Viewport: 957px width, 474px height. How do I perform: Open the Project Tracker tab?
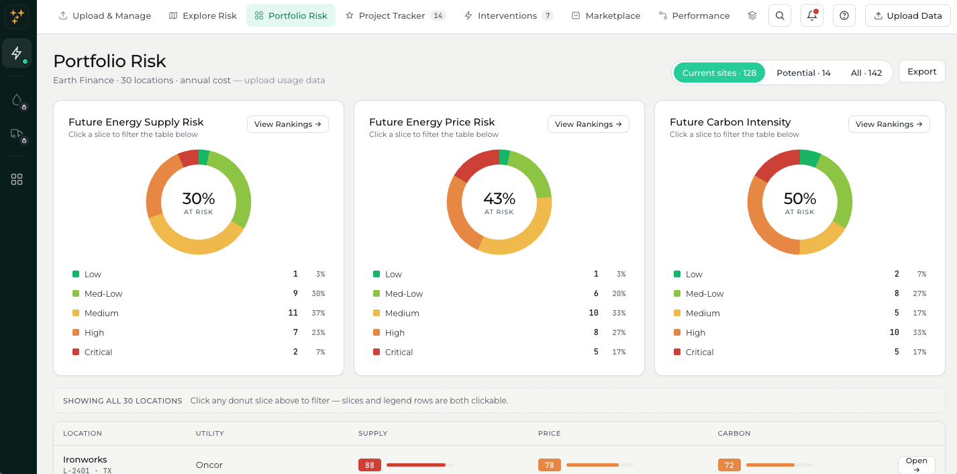[395, 16]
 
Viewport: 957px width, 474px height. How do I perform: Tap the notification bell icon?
[812, 16]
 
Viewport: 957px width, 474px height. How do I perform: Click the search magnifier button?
[780, 16]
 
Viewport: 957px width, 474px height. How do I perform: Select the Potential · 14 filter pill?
[803, 73]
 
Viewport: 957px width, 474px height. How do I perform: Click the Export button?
[921, 71]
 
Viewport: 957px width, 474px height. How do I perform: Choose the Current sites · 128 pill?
[719, 73]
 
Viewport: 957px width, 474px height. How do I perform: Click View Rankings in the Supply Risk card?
[287, 124]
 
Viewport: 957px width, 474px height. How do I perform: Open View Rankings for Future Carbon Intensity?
[889, 124]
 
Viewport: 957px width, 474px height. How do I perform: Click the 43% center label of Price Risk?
[499, 199]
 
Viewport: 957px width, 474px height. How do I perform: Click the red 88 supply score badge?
[370, 465]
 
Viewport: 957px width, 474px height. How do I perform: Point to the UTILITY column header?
[210, 434]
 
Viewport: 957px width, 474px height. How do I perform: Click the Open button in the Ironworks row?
[917, 465]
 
